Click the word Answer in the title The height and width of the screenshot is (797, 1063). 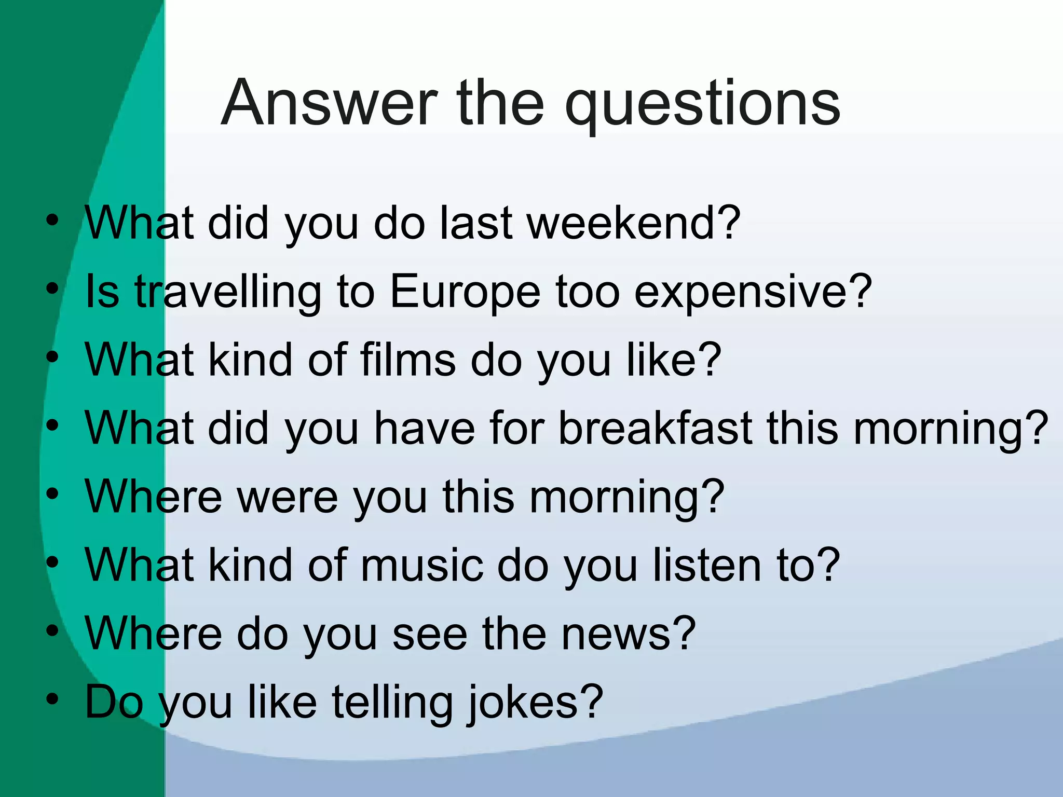[x=330, y=103]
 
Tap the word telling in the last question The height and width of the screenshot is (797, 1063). [x=392, y=703]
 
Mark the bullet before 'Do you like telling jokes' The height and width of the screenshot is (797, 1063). [x=51, y=699]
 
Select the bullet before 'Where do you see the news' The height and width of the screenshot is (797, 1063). [x=51, y=630]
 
